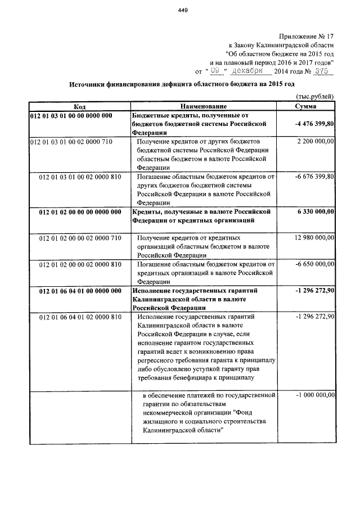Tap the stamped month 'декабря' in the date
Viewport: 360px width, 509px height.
[x=252, y=71]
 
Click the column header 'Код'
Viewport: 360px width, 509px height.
[x=79, y=106]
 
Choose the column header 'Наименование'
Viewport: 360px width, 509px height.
[x=204, y=106]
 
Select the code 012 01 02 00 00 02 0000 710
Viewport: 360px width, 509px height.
[x=80, y=238]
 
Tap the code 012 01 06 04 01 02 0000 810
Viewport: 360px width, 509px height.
[x=80, y=317]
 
